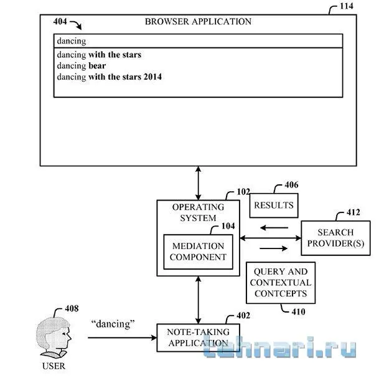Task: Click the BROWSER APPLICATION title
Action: coord(198,21)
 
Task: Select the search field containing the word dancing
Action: coord(198,41)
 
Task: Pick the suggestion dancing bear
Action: coord(82,66)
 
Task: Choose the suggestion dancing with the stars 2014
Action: coord(110,77)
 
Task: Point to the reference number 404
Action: coord(61,22)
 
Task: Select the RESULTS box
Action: coord(273,205)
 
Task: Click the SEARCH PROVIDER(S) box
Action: coord(335,237)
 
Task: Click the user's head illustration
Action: coord(54,337)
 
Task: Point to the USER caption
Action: coord(53,366)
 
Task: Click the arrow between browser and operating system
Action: coord(198,182)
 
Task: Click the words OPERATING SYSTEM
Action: coord(198,212)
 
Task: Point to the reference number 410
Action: coord(298,311)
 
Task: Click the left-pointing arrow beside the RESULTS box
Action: coord(274,227)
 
